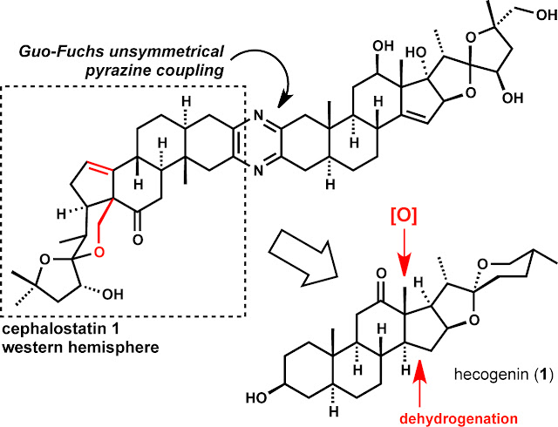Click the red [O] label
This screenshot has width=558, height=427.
[x=404, y=215]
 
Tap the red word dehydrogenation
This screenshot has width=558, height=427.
[x=459, y=418]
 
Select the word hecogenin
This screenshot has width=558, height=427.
[x=492, y=374]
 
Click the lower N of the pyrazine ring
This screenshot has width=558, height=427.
[x=259, y=171]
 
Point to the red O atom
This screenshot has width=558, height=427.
[x=99, y=252]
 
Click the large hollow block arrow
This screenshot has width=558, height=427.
[x=303, y=256]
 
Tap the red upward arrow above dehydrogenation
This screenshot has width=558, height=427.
[x=420, y=383]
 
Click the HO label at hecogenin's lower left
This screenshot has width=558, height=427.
[x=256, y=397]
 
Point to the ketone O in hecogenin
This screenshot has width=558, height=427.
[x=380, y=274]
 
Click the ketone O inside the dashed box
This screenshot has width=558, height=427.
[x=138, y=239]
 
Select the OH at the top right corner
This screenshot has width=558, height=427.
[x=547, y=16]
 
